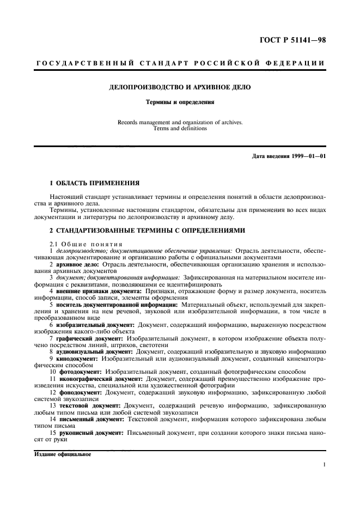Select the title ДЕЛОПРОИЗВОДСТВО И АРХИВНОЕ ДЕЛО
180,87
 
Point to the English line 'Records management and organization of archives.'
180,123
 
